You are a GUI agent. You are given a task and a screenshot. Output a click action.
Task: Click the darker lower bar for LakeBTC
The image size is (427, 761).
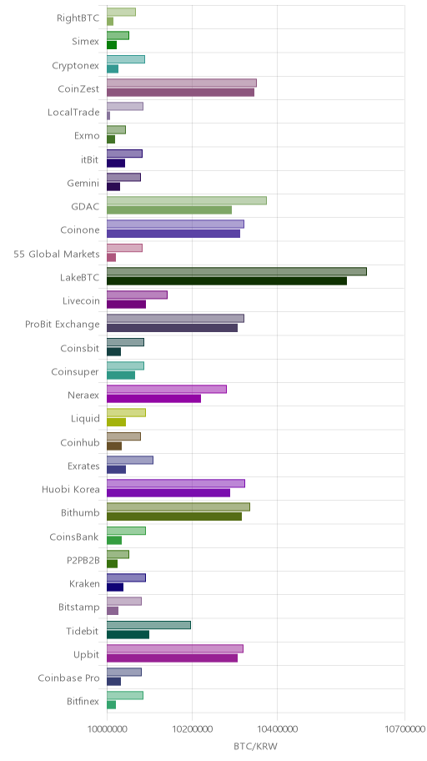pos(227,281)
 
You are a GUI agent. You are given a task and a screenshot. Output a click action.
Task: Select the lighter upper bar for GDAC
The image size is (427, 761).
pos(187,200)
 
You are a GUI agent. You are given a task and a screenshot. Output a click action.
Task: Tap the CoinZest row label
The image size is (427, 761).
pos(78,88)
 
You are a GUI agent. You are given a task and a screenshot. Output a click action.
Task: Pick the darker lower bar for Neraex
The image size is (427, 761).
pos(153,399)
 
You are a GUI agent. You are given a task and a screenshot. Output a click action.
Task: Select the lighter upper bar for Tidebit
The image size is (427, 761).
pos(149,625)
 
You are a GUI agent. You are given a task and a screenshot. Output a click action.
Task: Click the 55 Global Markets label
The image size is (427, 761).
pos(56,254)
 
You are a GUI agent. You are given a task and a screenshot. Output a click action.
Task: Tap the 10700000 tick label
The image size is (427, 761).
pos(404,728)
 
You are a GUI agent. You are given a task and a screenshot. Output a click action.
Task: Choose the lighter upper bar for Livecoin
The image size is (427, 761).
pos(138,295)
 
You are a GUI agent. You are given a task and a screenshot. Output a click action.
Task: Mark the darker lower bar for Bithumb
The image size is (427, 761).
pos(174,517)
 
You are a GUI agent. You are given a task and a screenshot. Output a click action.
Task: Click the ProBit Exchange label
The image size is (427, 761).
pos(62,325)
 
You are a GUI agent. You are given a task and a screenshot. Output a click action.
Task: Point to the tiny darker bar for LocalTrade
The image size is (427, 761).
pos(108,116)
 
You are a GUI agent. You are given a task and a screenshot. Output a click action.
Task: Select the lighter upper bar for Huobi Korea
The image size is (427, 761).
pos(176,483)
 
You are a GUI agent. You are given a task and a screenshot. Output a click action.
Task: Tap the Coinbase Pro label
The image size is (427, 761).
pos(68,678)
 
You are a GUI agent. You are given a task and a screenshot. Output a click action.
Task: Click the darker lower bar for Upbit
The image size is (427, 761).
pos(173,658)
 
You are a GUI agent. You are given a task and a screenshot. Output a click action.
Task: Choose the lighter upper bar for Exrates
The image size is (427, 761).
pos(130,460)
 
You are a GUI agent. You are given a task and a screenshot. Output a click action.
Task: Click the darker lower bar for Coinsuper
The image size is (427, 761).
pos(121,375)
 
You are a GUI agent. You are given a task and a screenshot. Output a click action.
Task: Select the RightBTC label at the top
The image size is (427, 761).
pos(78,18)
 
